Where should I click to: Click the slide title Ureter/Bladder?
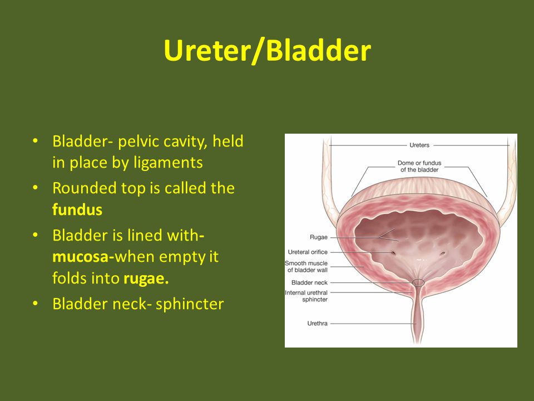[x=267, y=51]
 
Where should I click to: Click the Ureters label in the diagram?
[x=419, y=145]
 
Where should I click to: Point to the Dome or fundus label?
[x=419, y=167]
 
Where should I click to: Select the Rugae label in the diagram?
[x=318, y=237]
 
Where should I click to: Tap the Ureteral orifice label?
[x=308, y=252]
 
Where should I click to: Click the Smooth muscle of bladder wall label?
[x=306, y=267]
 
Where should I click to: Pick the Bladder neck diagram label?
[x=309, y=283]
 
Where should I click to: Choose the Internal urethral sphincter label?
[x=306, y=296]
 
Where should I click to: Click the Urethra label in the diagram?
[x=317, y=323]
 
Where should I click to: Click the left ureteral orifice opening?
[x=393, y=253]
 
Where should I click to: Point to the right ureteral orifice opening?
[x=443, y=253]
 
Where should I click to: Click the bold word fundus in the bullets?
[x=77, y=209]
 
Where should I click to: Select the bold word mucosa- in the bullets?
[x=83, y=257]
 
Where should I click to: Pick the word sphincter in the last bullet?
[x=190, y=304]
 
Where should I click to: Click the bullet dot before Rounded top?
[x=35, y=188]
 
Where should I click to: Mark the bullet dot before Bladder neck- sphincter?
[x=35, y=304]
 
